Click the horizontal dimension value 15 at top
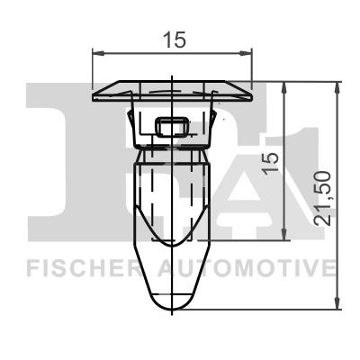pos(174,40)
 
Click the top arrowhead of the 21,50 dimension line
pos(339,87)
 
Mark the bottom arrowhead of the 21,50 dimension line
pos(339,305)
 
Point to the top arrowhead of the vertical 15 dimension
pos(285,87)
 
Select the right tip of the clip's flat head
pos(254,94)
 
